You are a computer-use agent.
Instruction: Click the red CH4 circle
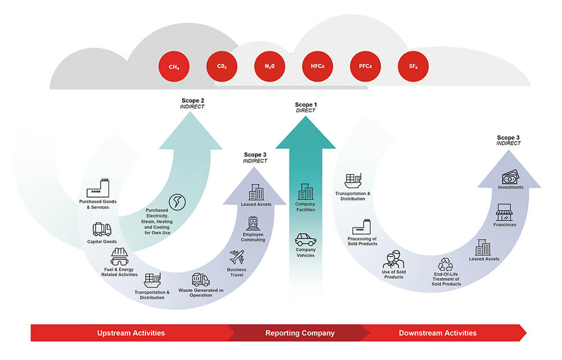[174, 67]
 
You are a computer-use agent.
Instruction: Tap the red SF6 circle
[413, 66]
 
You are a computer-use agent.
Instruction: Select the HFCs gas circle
[318, 66]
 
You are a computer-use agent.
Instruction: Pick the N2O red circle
[270, 66]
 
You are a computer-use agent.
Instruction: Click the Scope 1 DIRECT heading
[306, 107]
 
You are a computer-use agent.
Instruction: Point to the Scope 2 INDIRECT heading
[192, 103]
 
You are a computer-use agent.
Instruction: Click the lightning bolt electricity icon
[177, 202]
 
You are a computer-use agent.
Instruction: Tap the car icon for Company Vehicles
[305, 240]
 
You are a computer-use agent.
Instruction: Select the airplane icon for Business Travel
[237, 257]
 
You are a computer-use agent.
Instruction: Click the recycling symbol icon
[446, 265]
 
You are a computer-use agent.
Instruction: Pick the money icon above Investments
[510, 177]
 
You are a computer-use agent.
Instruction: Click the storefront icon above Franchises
[504, 212]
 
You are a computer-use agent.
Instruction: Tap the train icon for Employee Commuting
[253, 224]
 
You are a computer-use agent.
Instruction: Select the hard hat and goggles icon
[120, 257]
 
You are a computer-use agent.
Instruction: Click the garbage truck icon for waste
[201, 280]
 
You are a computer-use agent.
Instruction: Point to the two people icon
[393, 259]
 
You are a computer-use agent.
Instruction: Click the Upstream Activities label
[131, 333]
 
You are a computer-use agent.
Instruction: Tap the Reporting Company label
[300, 333]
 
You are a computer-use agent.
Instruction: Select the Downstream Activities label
[438, 333]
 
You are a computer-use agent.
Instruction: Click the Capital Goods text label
[102, 241]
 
